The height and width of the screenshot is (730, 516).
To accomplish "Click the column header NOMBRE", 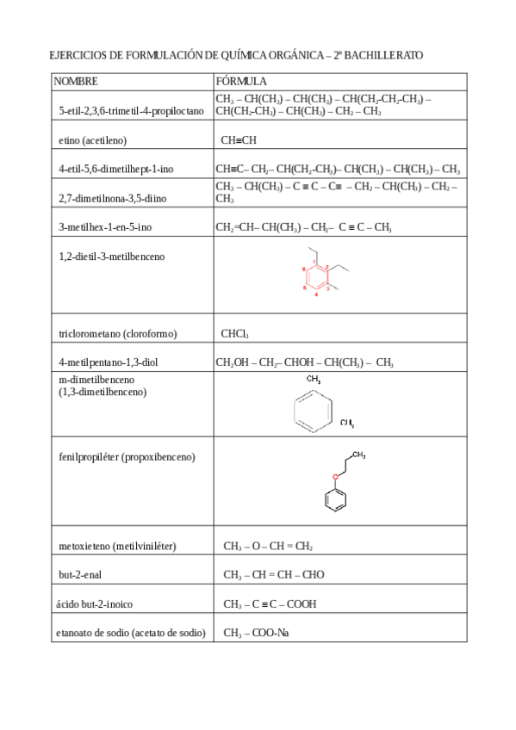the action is tap(76, 81).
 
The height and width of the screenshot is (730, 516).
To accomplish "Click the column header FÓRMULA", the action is tap(241, 81).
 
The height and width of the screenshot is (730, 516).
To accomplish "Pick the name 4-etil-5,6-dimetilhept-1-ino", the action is tap(116, 170).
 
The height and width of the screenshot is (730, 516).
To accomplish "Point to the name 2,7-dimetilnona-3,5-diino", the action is tap(113, 199).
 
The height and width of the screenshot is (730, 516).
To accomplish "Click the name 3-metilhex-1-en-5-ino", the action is tap(105, 228).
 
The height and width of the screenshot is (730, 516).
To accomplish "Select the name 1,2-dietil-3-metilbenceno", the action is tap(112, 257).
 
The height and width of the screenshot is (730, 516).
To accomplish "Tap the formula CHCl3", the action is tap(235, 333).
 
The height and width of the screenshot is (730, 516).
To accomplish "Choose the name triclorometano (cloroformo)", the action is tap(117, 333).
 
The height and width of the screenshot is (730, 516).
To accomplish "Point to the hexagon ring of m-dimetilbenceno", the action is tap(311, 410).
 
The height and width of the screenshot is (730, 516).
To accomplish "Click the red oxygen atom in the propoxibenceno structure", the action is tap(337, 476).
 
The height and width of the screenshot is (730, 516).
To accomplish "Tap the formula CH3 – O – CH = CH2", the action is tap(268, 546).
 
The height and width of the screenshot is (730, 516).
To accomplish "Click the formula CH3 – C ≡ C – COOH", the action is tap(270, 603).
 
